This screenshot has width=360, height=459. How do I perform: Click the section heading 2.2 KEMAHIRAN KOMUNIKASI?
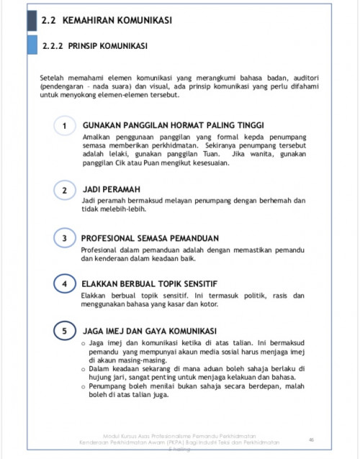(x=107, y=20)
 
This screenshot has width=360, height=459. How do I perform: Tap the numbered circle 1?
(x=65, y=127)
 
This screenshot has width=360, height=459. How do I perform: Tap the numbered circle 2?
(x=65, y=191)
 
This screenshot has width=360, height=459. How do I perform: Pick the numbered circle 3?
(x=65, y=238)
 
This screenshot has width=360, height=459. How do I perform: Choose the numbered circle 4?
(x=65, y=284)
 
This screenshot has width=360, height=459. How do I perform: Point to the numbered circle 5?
(x=65, y=332)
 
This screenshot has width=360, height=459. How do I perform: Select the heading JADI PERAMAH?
(x=112, y=189)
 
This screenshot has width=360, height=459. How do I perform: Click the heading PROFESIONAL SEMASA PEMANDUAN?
(x=149, y=237)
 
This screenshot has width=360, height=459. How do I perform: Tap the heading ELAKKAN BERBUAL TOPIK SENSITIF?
(x=149, y=283)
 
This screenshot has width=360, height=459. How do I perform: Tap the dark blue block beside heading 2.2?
(x=32, y=19)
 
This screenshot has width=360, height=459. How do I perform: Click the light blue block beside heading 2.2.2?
(x=32, y=45)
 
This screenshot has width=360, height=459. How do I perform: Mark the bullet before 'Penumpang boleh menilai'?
(x=84, y=386)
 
